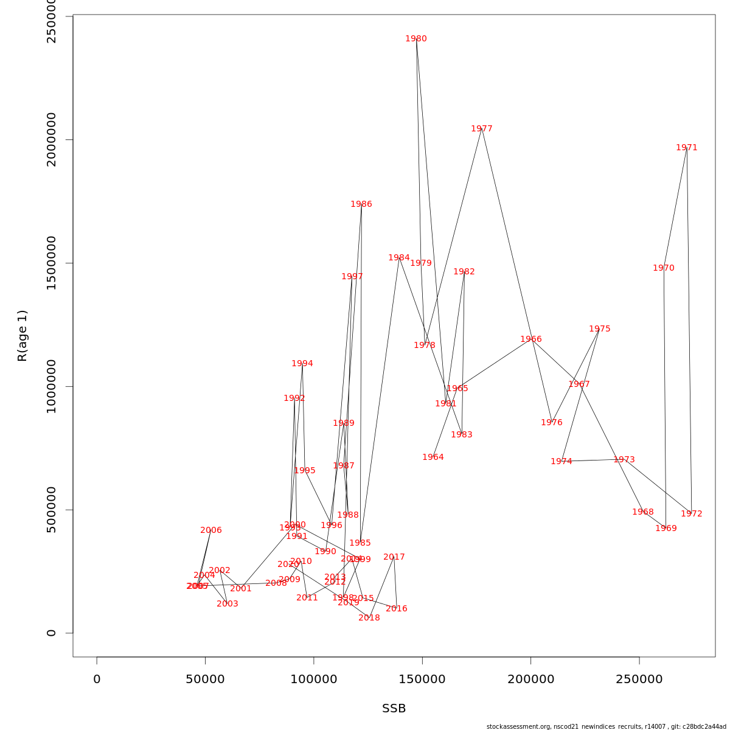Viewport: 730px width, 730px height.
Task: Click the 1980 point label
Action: (x=416, y=39)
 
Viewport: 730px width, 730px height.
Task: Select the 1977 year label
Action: (x=482, y=129)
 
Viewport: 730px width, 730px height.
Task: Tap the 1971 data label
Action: (x=687, y=148)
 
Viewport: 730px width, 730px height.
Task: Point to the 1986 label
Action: (x=361, y=204)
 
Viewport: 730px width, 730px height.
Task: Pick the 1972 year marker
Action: (x=692, y=514)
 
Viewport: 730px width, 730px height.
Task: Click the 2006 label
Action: (x=211, y=530)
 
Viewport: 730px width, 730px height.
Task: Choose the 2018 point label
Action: (x=369, y=618)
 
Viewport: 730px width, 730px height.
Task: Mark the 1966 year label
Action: (x=531, y=339)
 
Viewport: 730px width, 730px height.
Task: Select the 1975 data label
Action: (x=600, y=329)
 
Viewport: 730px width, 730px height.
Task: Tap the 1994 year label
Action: (x=302, y=364)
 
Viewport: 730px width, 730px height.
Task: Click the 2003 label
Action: (x=228, y=604)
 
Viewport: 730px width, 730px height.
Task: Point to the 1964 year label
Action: (x=433, y=457)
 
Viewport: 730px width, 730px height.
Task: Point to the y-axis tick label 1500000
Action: (x=52, y=263)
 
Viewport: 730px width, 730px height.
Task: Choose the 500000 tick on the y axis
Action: (x=52, y=510)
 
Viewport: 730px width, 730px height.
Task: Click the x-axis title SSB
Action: (x=394, y=709)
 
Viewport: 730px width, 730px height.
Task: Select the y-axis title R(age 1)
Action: (x=23, y=336)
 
